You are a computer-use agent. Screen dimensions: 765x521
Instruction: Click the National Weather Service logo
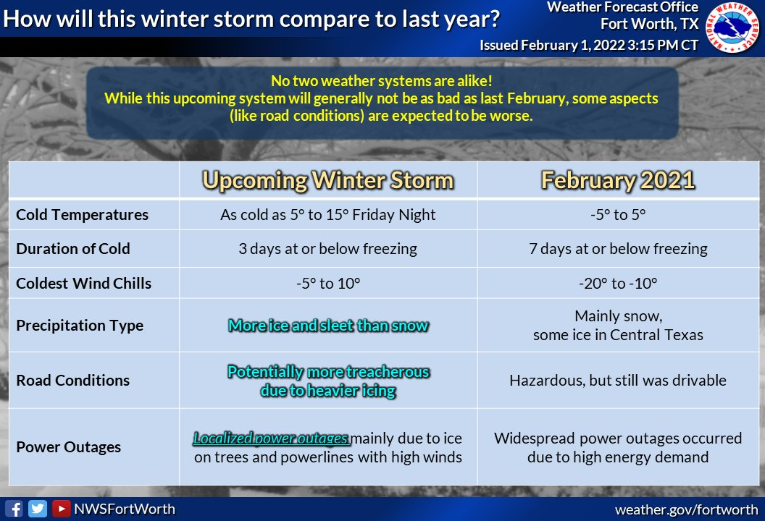tap(732, 27)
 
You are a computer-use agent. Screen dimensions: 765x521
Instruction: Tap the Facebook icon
tap(14, 509)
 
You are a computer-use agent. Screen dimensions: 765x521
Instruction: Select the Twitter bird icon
tap(38, 509)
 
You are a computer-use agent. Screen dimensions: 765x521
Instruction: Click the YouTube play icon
tap(61, 509)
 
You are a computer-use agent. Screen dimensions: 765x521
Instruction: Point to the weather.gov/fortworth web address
tap(687, 510)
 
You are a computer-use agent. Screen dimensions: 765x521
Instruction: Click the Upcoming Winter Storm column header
tap(328, 180)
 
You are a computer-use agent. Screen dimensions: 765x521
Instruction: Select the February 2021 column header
tap(618, 180)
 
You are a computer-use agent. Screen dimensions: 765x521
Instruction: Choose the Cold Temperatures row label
tap(82, 215)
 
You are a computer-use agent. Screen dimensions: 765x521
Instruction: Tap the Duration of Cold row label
tap(73, 248)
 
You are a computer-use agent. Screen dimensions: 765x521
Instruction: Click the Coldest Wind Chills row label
tap(83, 283)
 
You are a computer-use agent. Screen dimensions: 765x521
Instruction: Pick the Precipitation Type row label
tap(80, 326)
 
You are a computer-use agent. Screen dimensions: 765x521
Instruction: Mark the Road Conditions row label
tap(72, 380)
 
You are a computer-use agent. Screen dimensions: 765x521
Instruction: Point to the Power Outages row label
tap(68, 447)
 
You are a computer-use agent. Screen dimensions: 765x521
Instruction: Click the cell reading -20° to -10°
tap(618, 283)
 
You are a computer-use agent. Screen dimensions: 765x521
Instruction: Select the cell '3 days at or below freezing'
tap(328, 248)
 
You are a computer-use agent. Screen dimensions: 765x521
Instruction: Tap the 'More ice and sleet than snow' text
tap(328, 325)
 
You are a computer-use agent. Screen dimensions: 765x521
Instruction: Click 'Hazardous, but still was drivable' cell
tap(618, 380)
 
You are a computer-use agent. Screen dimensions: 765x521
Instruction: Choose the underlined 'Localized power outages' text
tap(271, 439)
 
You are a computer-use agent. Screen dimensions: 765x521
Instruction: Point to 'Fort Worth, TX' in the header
tap(649, 24)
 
